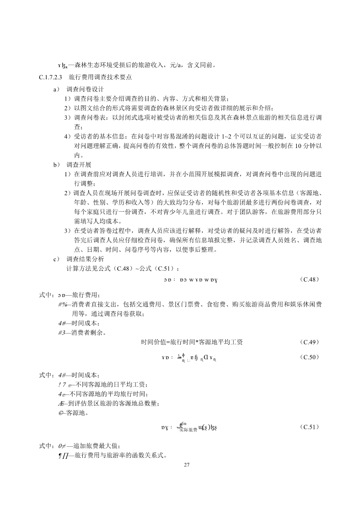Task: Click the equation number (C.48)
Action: click(310, 279)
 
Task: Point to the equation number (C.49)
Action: click(310, 341)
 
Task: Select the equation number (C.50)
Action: click(310, 357)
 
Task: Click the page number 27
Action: click(187, 465)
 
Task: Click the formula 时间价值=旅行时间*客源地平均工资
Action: click(192, 342)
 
